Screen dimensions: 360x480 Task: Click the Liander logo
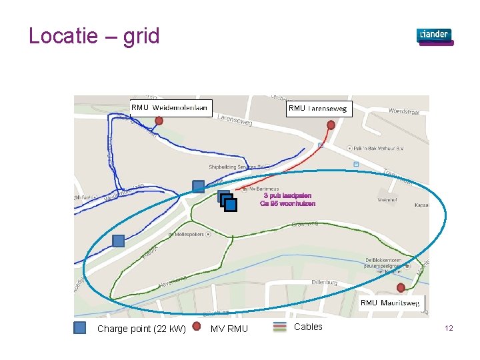pyautogui.click(x=435, y=36)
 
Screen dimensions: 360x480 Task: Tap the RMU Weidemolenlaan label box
pyautogui.click(x=170, y=108)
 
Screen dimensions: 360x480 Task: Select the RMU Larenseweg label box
pyautogui.click(x=318, y=109)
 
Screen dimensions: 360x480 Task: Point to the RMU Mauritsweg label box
pyautogui.click(x=391, y=303)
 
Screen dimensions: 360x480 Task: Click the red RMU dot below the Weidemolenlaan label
pyautogui.click(x=159, y=121)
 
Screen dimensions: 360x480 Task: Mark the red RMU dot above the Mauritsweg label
pyautogui.click(x=401, y=287)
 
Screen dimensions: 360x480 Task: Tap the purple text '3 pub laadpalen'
pyautogui.click(x=287, y=196)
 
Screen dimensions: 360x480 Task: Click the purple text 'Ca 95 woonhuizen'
pyautogui.click(x=287, y=204)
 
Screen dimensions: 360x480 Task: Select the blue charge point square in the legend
pyautogui.click(x=80, y=327)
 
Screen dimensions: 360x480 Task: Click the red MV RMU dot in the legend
pyautogui.click(x=197, y=327)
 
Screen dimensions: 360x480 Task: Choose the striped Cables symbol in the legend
pyautogui.click(x=281, y=327)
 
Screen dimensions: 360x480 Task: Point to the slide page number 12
pyautogui.click(x=449, y=328)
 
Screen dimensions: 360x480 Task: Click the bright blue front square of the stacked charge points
pyautogui.click(x=231, y=205)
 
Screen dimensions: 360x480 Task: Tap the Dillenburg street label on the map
pyautogui.click(x=324, y=283)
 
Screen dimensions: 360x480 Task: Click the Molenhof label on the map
pyautogui.click(x=387, y=199)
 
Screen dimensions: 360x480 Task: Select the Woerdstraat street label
pyautogui.click(x=404, y=111)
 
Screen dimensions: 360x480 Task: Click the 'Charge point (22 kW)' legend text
pyautogui.click(x=141, y=329)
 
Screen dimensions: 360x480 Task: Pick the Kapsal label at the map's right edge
pyautogui.click(x=421, y=205)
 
